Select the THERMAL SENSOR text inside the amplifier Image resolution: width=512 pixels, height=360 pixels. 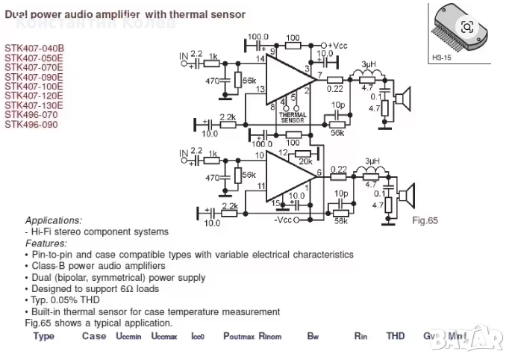pyautogui.click(x=293, y=117)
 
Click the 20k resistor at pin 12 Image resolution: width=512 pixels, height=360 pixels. pyautogui.click(x=305, y=161)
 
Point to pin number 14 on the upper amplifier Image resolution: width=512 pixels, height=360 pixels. pyautogui.click(x=259, y=58)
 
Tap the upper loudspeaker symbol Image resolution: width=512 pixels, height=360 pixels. pyautogui.click(x=404, y=99)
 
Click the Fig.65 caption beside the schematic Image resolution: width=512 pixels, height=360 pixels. pyautogui.click(x=425, y=221)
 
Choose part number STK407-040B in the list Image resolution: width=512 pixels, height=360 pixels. pyautogui.click(x=34, y=48)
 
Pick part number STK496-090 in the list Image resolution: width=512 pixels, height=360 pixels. pyautogui.click(x=31, y=125)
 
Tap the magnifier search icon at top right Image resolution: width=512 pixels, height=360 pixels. pyautogui.click(x=467, y=27)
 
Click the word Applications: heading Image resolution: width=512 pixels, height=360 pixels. pyautogui.click(x=54, y=221)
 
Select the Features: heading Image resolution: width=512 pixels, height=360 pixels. pyautogui.click(x=46, y=243)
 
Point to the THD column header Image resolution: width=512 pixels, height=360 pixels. pyautogui.click(x=395, y=336)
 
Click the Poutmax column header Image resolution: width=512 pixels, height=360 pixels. pyautogui.click(x=239, y=336)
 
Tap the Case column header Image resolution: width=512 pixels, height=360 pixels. pyautogui.click(x=94, y=336)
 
